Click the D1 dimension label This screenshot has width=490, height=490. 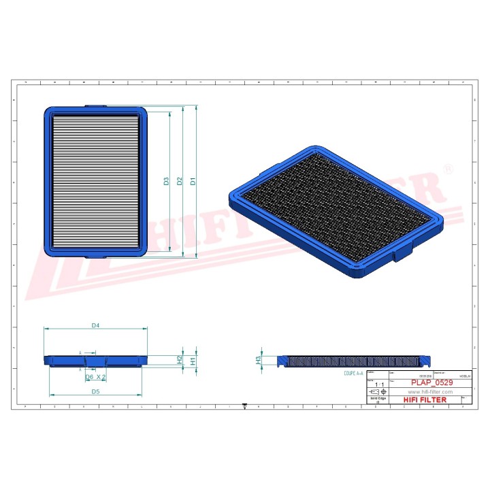(x=193, y=181)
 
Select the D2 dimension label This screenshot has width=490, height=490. (x=180, y=181)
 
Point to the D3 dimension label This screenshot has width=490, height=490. (x=166, y=181)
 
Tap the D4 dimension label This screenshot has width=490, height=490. (x=96, y=326)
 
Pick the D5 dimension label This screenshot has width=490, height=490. (x=96, y=391)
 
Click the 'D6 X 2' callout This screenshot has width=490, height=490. (x=95, y=376)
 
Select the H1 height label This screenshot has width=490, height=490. (x=193, y=360)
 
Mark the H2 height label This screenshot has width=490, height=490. (x=180, y=359)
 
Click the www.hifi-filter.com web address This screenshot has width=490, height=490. (x=429, y=393)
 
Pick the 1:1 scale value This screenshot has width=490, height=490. (x=377, y=385)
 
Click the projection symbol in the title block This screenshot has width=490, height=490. (x=375, y=393)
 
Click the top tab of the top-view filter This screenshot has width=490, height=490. (x=95, y=106)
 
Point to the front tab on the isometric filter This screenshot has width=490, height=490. (x=404, y=255)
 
